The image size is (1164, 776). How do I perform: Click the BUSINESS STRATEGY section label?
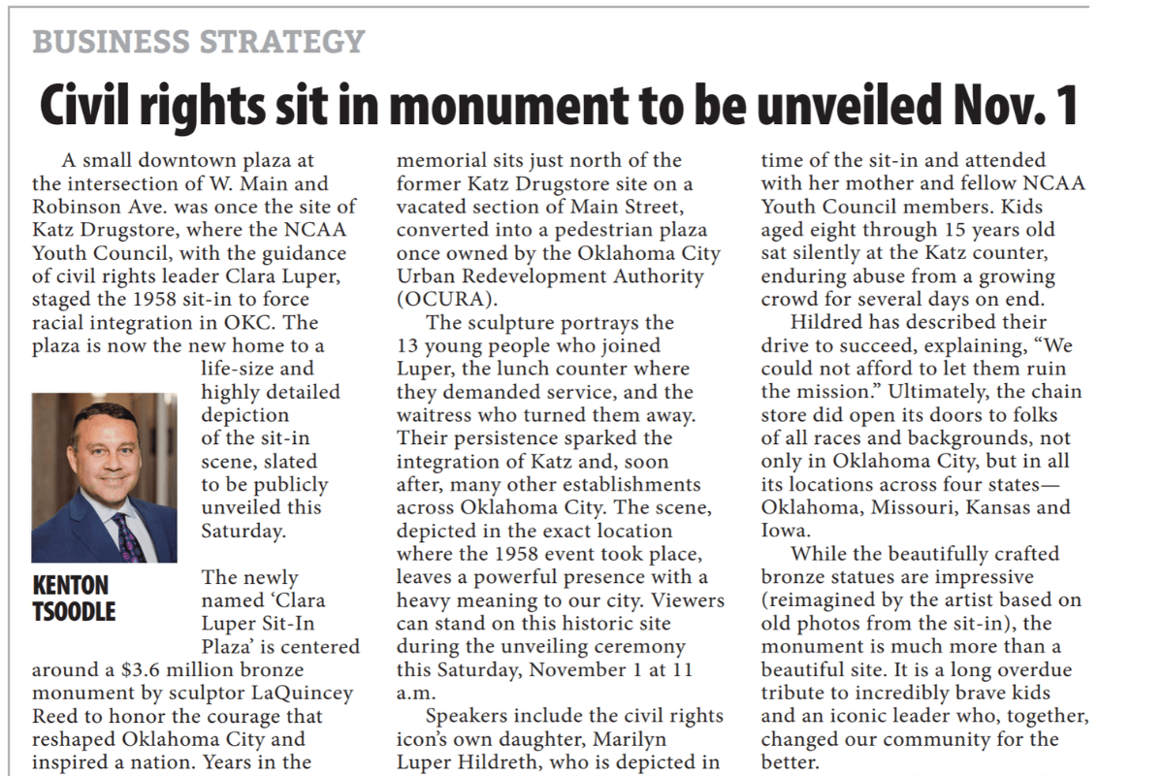[198, 42]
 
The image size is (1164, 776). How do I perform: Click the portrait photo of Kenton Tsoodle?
[104, 477]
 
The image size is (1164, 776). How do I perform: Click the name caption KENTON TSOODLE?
[74, 598]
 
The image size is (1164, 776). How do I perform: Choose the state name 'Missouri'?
[921, 507]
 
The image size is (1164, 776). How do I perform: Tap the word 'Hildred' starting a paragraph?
[826, 322]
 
